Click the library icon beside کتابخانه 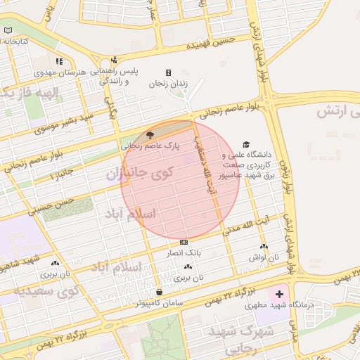pyautogui.click(x=8, y=31)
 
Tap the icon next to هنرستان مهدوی pyautogui.click(x=59, y=61)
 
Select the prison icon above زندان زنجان pyautogui.click(x=167, y=72)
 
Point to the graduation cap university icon pyautogui.click(x=245, y=143)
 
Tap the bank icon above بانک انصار pyautogui.click(x=184, y=241)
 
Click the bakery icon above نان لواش pyautogui.click(x=264, y=247)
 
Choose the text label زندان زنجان pyautogui.click(x=169, y=84)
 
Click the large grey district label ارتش pyautogui.click(x=337, y=111)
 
